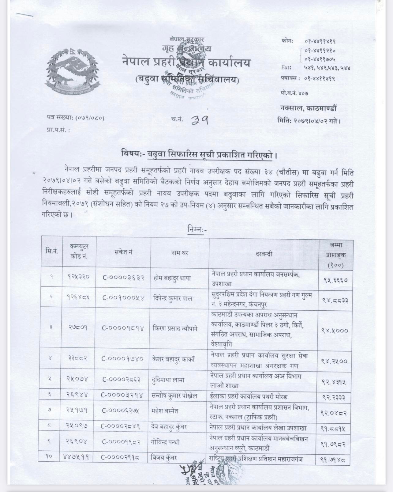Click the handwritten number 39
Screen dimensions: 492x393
click(x=200, y=120)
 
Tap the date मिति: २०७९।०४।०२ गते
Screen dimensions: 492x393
click(x=309, y=121)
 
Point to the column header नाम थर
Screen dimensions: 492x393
click(x=180, y=253)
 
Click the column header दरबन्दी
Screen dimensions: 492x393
click(x=264, y=254)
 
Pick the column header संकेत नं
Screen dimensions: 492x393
click(x=123, y=252)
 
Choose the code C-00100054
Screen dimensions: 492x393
click(x=123, y=297)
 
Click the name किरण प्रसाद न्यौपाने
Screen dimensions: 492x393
click(x=175, y=328)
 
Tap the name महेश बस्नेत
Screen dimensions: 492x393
click(x=167, y=411)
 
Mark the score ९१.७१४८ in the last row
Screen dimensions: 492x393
click(x=335, y=459)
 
